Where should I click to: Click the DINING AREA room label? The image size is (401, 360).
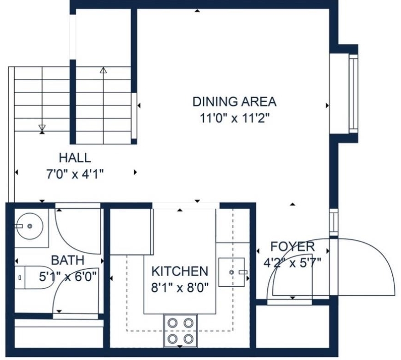tap(234, 102)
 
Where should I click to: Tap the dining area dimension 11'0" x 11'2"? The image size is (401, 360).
tap(235, 118)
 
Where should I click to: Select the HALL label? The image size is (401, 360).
tap(75, 158)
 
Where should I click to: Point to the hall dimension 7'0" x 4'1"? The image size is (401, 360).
tap(75, 174)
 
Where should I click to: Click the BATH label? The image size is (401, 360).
tap(68, 260)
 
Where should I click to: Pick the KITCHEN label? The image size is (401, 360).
tap(180, 271)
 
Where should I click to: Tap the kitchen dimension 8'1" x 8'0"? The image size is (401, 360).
tap(180, 288)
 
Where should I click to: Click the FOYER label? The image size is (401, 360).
tap(292, 246)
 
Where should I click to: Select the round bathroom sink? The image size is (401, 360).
tap(30, 226)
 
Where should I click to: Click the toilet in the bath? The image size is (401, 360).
tap(31, 277)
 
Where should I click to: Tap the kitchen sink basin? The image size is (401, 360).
tap(231, 272)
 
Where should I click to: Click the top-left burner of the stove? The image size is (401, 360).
tap(172, 323)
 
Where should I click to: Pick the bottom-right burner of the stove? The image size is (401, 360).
tap(188, 339)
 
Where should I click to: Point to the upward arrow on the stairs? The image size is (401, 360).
tap(103, 105)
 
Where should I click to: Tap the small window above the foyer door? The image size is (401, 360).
tap(334, 222)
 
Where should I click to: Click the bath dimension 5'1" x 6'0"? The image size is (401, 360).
tap(68, 277)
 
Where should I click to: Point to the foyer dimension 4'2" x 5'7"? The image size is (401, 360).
tap(292, 263)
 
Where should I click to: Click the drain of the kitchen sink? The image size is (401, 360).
tap(231, 272)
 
